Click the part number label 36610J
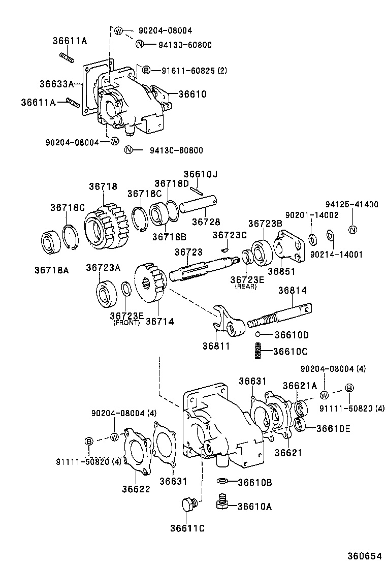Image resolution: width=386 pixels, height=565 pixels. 200,174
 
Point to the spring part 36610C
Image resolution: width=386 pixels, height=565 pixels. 258,351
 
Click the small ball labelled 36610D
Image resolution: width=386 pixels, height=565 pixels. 259,334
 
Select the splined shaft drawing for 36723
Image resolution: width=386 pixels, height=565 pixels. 203,267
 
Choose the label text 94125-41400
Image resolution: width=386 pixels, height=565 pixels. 351,204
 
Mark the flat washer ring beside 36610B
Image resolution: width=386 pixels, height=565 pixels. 222,481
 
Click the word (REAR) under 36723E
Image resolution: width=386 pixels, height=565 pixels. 246,287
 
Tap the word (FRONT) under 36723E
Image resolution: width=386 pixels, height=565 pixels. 126,323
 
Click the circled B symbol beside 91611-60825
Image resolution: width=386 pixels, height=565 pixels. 145,70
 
